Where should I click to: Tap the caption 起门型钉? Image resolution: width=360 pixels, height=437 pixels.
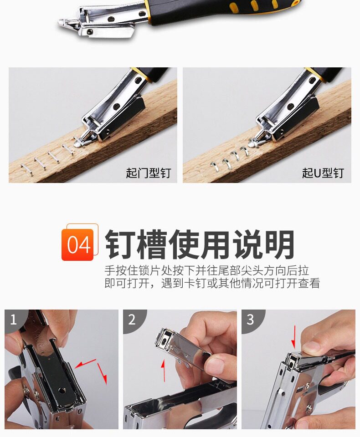click(148, 173)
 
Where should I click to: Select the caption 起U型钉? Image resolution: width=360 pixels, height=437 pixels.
click(323, 173)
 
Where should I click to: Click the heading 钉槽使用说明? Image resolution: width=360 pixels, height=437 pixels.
click(200, 244)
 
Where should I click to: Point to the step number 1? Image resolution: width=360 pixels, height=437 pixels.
click(13, 320)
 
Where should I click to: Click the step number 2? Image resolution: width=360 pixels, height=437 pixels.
click(132, 320)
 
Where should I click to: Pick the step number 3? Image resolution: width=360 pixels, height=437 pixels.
click(250, 320)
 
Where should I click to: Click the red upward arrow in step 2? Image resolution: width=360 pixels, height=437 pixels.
click(164, 371)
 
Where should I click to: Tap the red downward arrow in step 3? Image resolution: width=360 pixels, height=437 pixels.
click(293, 337)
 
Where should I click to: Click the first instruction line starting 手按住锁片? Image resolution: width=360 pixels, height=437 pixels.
click(207, 270)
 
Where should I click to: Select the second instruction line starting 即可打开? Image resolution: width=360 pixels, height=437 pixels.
click(212, 283)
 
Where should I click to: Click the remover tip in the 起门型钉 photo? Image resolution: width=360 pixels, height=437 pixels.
click(77, 144)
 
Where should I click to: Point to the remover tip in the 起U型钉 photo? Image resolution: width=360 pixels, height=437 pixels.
click(252, 144)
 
